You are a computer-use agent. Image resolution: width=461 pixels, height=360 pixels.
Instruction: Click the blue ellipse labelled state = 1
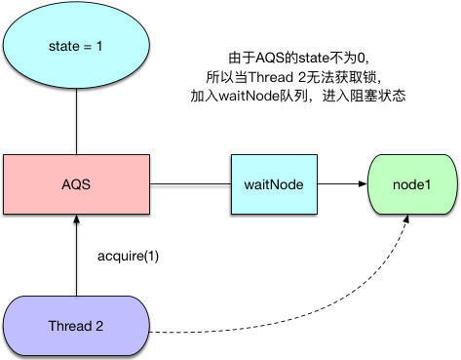pos(76,45)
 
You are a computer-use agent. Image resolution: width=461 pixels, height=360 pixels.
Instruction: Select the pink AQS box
pos(76,181)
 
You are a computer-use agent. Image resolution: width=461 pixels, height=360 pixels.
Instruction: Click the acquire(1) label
pos(125,256)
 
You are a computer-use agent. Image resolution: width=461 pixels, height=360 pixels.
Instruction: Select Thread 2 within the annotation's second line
pos(285,79)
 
